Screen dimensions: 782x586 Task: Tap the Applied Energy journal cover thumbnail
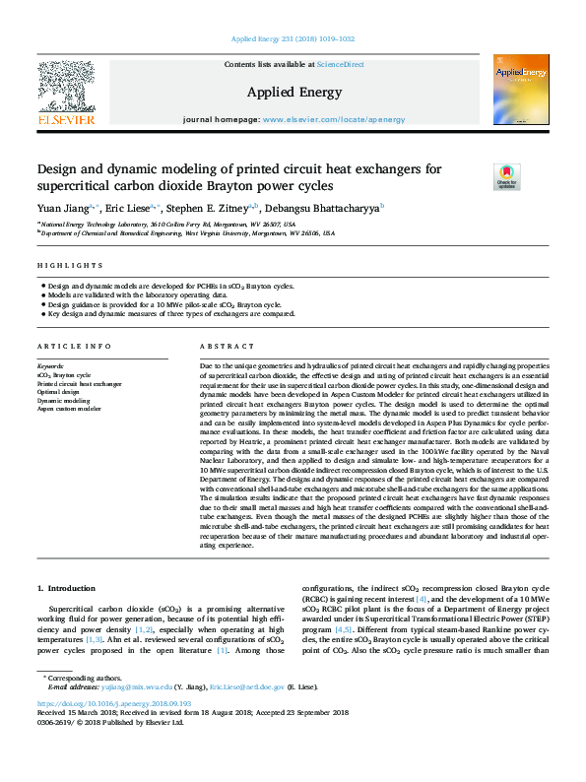click(520, 90)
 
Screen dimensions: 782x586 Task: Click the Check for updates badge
click(506, 177)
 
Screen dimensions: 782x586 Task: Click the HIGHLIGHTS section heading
click(70, 266)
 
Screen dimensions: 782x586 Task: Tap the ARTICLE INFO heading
click(75, 347)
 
